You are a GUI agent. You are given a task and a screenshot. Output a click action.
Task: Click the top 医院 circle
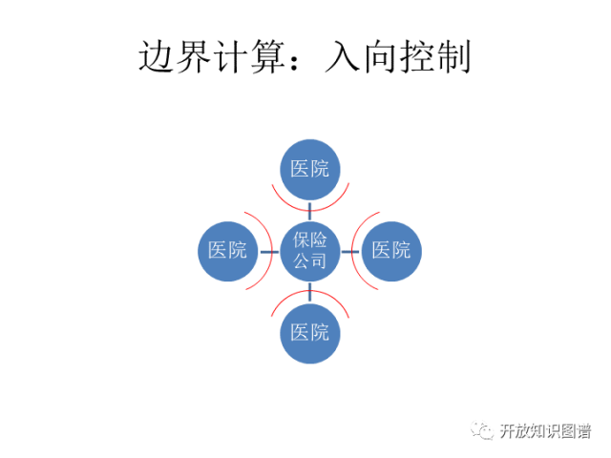309,170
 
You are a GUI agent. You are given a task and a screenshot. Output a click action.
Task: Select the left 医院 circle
227,251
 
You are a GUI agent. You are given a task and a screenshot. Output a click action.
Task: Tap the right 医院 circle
391,251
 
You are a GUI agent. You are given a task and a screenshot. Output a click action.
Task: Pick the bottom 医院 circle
309,333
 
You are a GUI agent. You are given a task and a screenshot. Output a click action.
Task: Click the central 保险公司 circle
309,251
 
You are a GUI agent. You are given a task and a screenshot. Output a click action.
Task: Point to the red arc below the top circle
309,208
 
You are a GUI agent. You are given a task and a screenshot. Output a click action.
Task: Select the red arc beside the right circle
351,251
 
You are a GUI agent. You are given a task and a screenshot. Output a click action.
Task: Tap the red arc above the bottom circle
309,293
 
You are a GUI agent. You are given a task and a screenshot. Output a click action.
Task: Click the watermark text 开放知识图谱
544,431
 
